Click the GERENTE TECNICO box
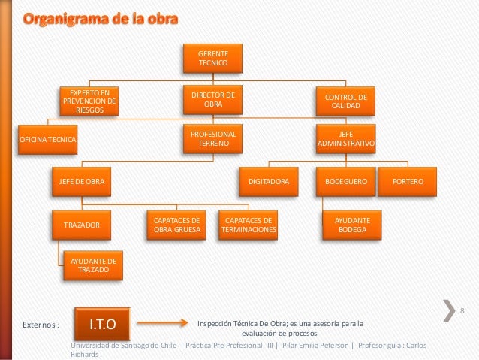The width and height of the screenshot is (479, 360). pos(212,59)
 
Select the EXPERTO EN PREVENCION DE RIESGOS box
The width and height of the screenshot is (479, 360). pos(89,101)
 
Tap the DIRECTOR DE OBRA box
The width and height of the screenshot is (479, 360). pos(212,100)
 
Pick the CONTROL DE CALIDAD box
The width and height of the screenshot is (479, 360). pos(345,101)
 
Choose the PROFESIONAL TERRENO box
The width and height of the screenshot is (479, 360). pos(212,139)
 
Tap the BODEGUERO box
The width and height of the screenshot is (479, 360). pos(345,182)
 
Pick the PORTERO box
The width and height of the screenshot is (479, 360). pos(408,182)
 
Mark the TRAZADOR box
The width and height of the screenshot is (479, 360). pos(81,224)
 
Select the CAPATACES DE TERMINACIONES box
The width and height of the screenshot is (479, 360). pos(248,225)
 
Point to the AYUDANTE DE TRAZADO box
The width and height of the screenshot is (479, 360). pos(92,265)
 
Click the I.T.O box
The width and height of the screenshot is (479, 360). pos(101,324)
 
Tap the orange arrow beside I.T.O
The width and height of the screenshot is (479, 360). pos(161,324)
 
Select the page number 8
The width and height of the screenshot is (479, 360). pos(462,312)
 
